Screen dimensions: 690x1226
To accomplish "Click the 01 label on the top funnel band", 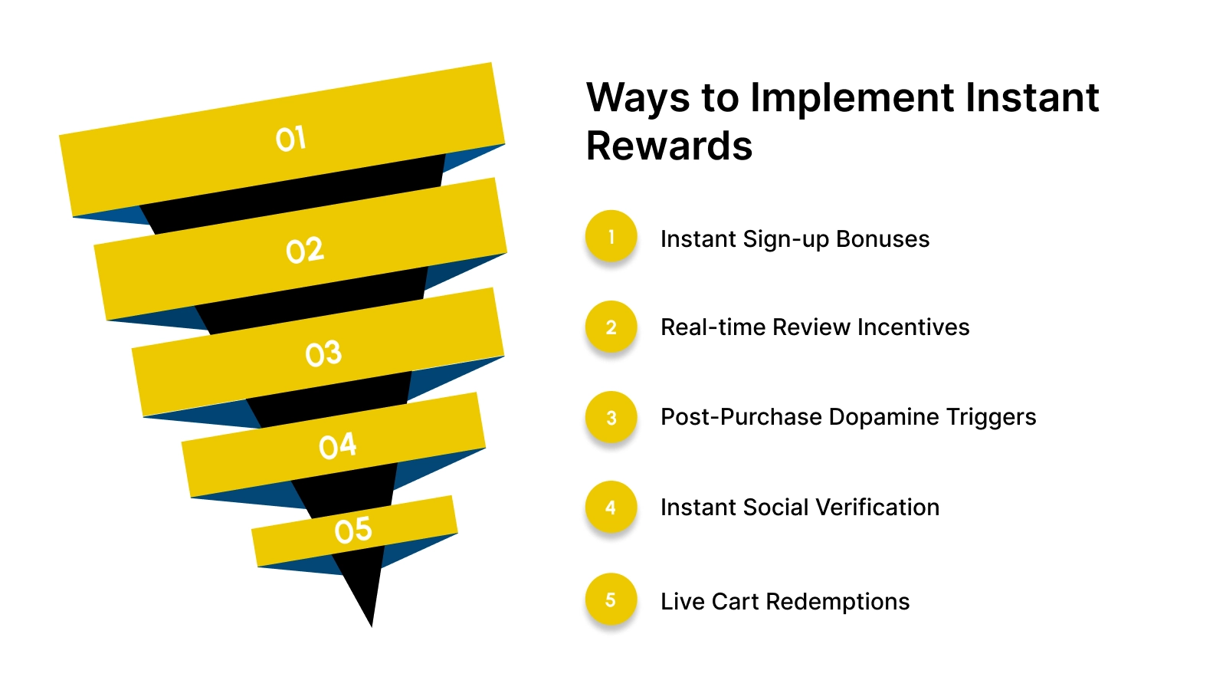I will coord(291,139).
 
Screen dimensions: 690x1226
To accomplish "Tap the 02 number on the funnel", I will coord(305,251).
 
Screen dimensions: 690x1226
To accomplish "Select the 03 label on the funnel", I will coord(323,353).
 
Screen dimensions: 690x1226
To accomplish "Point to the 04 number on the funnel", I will coord(338,445).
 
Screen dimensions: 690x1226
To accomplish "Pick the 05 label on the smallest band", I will coord(353,531).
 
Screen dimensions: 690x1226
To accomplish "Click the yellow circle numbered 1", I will coord(611,236).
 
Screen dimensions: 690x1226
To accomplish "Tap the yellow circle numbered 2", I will coord(611,327).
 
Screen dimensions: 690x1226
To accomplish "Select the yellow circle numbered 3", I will coord(611,417).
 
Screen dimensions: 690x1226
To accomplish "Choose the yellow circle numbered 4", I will coord(611,507).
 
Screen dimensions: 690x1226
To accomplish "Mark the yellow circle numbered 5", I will coord(611,599).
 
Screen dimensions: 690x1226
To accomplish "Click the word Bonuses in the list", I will coord(883,239).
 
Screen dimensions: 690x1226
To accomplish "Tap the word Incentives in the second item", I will coord(913,327).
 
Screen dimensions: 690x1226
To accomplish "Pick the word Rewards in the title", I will coord(669,146).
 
